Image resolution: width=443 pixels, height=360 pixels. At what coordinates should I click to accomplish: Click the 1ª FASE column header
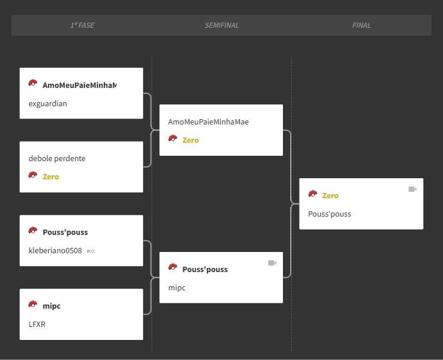tap(82, 25)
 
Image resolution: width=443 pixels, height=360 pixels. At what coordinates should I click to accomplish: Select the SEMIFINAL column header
tap(221, 25)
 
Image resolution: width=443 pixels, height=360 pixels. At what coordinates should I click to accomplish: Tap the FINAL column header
tap(361, 25)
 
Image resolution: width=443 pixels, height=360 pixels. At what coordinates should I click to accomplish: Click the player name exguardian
tap(48, 104)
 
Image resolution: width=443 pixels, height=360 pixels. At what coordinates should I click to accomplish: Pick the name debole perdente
tap(57, 158)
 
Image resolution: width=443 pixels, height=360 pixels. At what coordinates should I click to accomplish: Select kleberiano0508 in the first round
tap(55, 251)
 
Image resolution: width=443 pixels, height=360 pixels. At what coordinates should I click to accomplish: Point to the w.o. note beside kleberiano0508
tap(91, 251)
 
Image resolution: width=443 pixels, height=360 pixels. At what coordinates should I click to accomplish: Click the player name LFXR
tap(37, 325)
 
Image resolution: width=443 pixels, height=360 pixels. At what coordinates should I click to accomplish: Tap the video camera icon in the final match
tap(412, 189)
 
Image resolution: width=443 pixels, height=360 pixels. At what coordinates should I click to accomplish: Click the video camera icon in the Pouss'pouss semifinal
tap(272, 263)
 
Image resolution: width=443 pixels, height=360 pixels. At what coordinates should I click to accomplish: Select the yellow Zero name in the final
tap(330, 196)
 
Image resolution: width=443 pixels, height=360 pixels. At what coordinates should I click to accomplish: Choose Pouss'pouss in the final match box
tap(330, 214)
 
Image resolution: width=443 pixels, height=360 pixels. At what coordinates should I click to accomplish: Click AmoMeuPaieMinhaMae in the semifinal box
tap(209, 122)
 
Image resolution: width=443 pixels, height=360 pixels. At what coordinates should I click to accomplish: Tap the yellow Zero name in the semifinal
tap(190, 140)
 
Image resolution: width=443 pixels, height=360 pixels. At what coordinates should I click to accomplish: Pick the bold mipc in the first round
tap(51, 306)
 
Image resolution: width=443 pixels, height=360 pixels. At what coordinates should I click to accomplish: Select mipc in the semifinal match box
tap(177, 288)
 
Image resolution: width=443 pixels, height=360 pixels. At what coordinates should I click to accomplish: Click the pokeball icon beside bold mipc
tap(32, 304)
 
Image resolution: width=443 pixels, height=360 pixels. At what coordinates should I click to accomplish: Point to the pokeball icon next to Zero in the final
tap(312, 194)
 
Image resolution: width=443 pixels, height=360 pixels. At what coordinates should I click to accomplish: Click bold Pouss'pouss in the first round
tap(65, 233)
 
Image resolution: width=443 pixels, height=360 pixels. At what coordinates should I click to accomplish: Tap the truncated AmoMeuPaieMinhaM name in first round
tap(80, 85)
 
